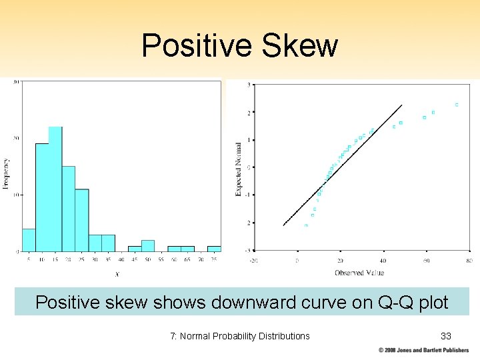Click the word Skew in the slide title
[299, 46]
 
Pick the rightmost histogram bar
[214, 249]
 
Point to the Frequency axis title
[6, 173]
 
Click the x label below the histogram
[117, 273]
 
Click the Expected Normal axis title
[238, 169]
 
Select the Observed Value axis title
[359, 272]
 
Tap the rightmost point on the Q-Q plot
[457, 105]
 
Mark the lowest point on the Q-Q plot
[306, 225]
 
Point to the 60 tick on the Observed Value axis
[426, 261]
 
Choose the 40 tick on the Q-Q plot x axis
[383, 261]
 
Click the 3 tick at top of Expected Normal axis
[249, 85]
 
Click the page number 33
[445, 335]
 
